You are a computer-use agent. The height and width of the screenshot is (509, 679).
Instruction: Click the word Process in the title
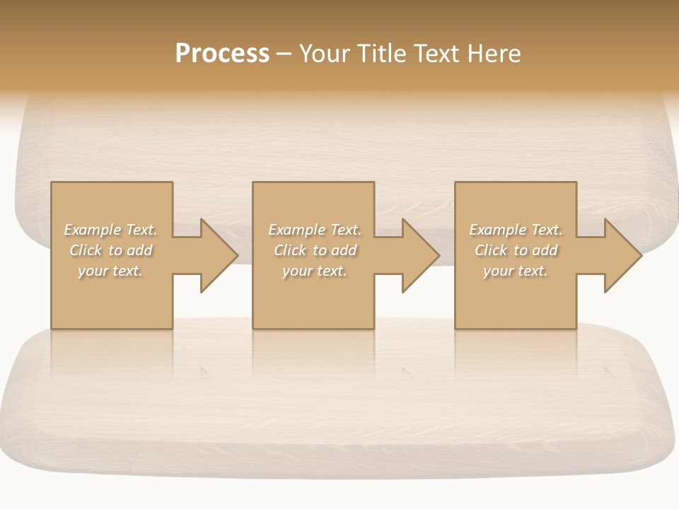coord(222,54)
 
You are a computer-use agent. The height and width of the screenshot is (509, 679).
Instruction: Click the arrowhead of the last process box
coord(622,255)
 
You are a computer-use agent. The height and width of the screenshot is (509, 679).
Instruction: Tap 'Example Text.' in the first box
coord(110,230)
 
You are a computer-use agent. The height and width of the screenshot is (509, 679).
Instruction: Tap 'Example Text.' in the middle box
coord(315,230)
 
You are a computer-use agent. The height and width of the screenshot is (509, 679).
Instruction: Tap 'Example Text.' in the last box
coord(516,230)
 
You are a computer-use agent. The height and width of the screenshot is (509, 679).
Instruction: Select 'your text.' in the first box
coord(110,271)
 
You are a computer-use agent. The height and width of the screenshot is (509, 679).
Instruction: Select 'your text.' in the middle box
coord(315,271)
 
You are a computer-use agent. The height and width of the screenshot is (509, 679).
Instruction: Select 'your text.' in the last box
coord(516,271)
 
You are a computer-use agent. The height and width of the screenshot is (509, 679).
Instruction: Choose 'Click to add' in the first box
coord(110,250)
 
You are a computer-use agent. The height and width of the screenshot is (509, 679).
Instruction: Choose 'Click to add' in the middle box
coord(315,250)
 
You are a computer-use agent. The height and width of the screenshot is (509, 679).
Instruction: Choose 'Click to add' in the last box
coord(516,250)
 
